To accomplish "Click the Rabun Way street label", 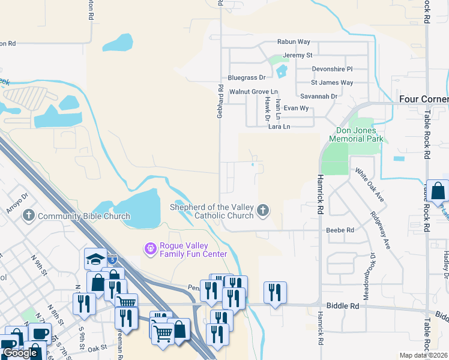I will click(x=293, y=42).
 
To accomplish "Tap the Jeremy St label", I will click(x=298, y=55).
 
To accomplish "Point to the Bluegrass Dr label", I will click(x=246, y=78).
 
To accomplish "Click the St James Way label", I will click(x=332, y=83).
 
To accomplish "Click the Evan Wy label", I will click(x=296, y=109).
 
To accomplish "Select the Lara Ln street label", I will click(x=279, y=127).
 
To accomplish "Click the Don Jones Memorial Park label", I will click(x=360, y=134).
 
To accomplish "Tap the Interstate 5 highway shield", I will click(x=112, y=259).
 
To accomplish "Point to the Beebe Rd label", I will click(x=340, y=230).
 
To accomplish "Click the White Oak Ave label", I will click(x=369, y=184).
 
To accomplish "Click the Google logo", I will click(x=20, y=353).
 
